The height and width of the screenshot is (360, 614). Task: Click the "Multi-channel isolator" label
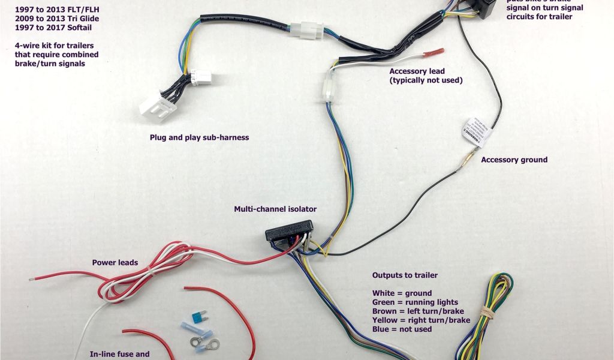pyautogui.click(x=275, y=209)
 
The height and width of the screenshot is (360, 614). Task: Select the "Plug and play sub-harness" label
pyautogui.click(x=199, y=137)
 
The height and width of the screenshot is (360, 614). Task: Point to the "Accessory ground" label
pyautogui.click(x=514, y=160)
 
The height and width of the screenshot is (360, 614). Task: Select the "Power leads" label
pyautogui.click(x=115, y=262)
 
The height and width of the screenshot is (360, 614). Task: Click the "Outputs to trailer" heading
pyautogui.click(x=405, y=275)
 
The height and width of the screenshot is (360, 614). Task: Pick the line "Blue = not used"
pyautogui.click(x=402, y=329)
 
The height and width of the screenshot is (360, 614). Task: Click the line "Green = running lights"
pyautogui.click(x=415, y=302)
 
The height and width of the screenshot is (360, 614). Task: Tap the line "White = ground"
pyautogui.click(x=402, y=293)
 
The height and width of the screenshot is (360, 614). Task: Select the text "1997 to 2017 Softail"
pyautogui.click(x=49, y=28)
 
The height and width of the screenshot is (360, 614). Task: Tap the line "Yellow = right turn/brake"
pyautogui.click(x=421, y=320)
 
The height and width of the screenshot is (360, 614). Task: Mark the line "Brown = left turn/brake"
pyautogui.click(x=419, y=311)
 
